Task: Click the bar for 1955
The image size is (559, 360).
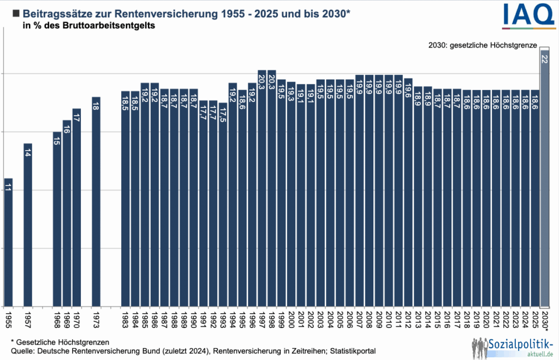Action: click(x=8, y=243)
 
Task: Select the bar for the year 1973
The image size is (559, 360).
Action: click(x=96, y=202)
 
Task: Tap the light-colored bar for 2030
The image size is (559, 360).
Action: click(x=544, y=180)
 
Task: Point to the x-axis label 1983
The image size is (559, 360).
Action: click(x=126, y=320)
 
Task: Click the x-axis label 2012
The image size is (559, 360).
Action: click(x=408, y=320)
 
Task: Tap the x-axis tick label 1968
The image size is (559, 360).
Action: click(x=57, y=320)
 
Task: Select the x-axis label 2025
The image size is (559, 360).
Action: click(x=534, y=320)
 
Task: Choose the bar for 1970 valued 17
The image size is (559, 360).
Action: click(x=76, y=207)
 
